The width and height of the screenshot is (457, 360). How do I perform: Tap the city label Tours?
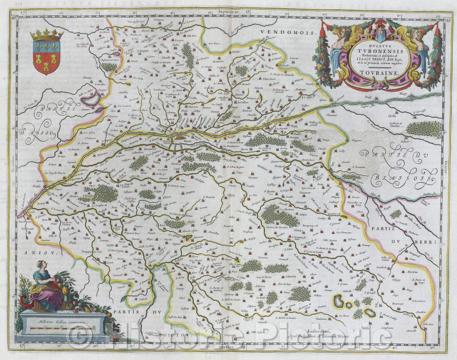pyautogui.click(x=174, y=131)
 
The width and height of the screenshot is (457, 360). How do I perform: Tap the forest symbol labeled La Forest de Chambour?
pyautogui.click(x=423, y=128)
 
